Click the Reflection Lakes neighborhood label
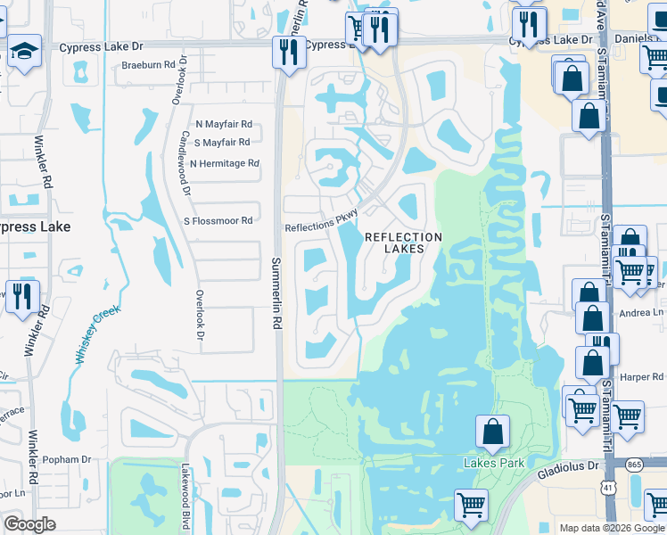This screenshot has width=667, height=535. click(x=403, y=243)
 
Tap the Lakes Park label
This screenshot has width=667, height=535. click(x=493, y=463)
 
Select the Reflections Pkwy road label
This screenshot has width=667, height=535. click(x=321, y=222)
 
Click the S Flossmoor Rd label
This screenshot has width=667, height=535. click(x=218, y=220)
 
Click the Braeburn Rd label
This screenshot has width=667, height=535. click(x=148, y=65)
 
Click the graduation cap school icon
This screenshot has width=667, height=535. click(x=24, y=51)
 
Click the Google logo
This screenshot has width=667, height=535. click(x=30, y=524)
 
